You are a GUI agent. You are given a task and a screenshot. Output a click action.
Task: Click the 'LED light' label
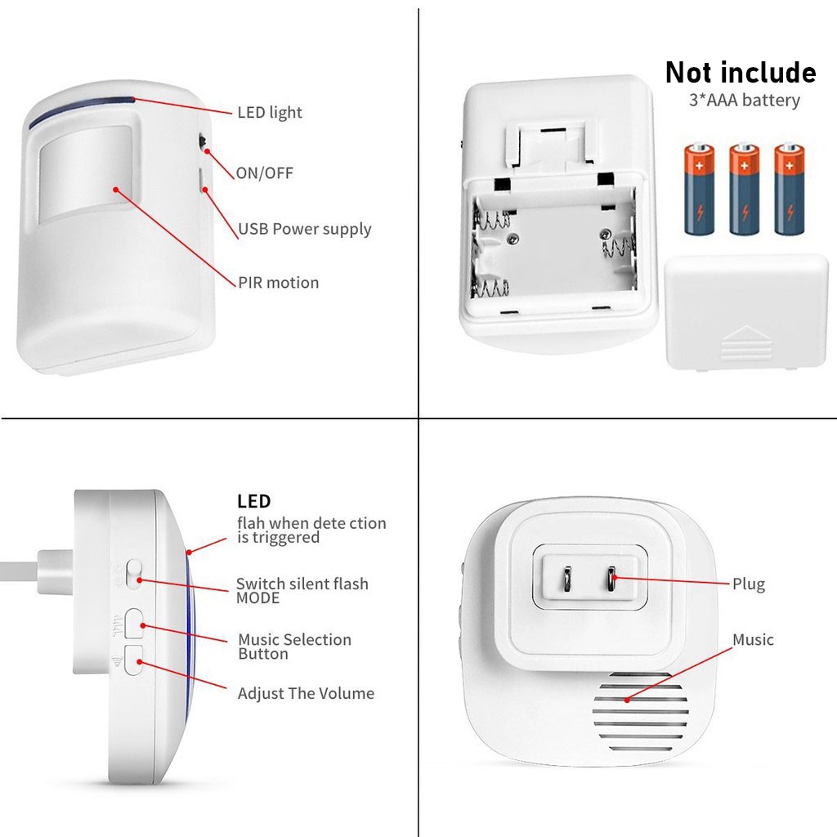[x=270, y=113]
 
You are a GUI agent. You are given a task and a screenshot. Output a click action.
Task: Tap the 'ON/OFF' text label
[x=264, y=173]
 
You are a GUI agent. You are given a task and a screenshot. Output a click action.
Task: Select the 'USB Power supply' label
[x=305, y=229]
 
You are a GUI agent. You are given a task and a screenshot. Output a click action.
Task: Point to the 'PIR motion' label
[x=279, y=283]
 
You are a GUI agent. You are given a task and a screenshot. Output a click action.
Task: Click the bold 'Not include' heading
[x=740, y=73]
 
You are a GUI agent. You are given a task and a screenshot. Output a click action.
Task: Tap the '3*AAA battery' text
[x=744, y=101]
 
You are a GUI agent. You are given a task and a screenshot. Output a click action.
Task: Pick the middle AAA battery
[x=744, y=190]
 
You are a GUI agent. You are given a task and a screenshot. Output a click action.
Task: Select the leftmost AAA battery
[x=699, y=190]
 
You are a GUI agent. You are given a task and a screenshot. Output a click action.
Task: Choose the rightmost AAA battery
[x=790, y=190]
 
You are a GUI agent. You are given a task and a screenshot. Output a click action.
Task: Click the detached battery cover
[x=746, y=311]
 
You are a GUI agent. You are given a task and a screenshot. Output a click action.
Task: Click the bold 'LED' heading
[x=253, y=502]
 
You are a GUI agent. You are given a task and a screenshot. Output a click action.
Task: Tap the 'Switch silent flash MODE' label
[x=302, y=590]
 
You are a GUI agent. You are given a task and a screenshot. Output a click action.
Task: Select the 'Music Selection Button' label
[x=294, y=647]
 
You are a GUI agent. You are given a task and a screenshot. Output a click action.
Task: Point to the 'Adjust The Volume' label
[x=306, y=694]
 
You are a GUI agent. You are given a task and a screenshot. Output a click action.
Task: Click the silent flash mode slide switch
[x=135, y=575]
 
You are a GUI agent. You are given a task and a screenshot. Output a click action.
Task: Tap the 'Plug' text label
[x=749, y=584]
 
